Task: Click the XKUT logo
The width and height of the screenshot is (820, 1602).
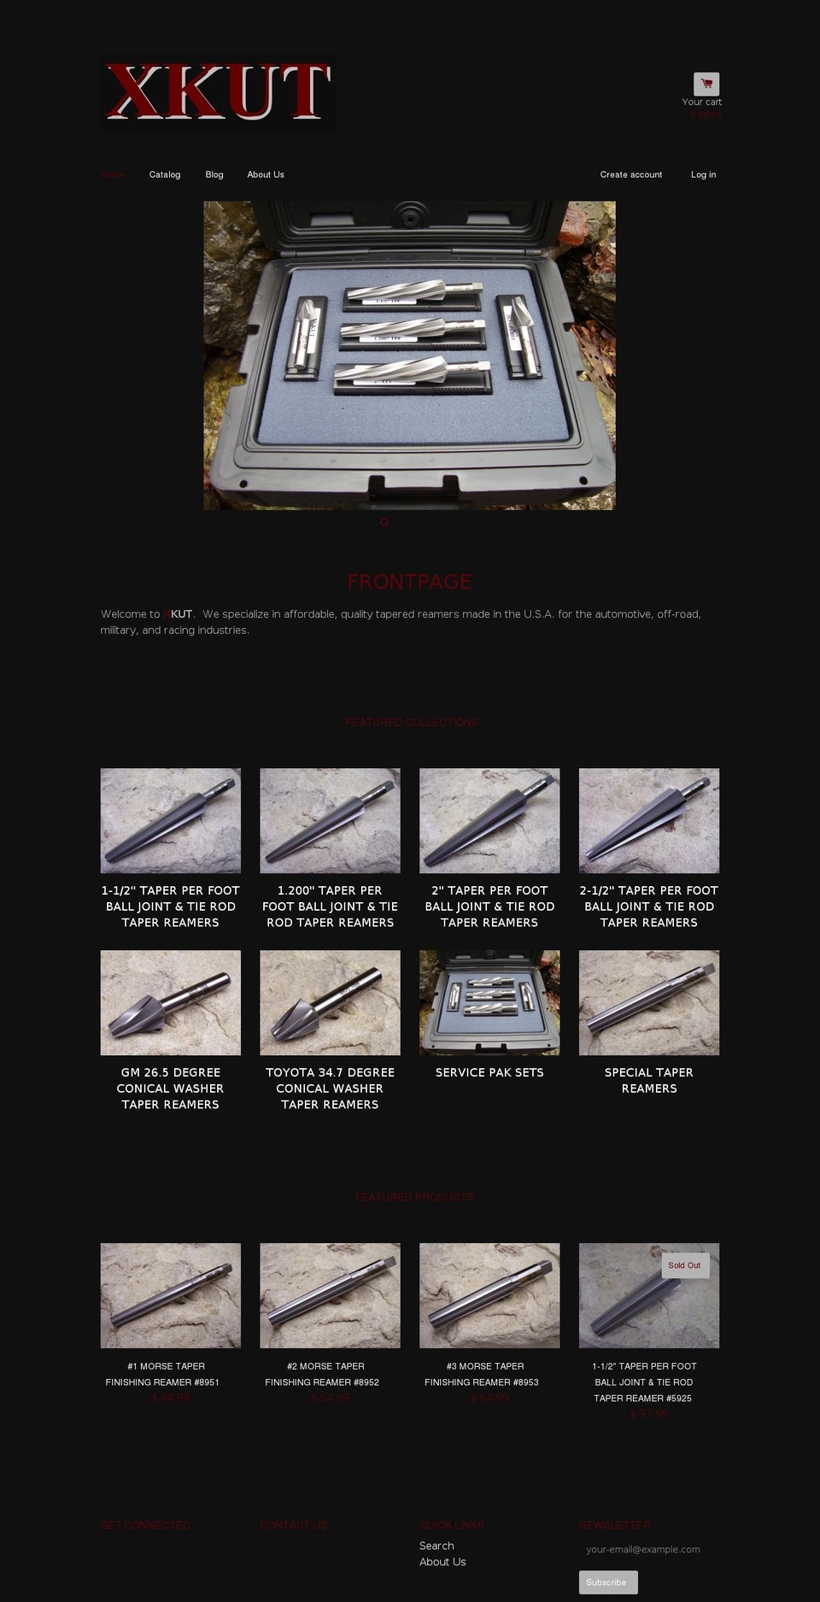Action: pyautogui.click(x=217, y=92)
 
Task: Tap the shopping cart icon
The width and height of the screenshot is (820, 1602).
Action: pyautogui.click(x=706, y=84)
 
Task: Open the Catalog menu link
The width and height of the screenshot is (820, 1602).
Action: pyautogui.click(x=165, y=174)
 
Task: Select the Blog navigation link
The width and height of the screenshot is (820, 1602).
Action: pyautogui.click(x=214, y=174)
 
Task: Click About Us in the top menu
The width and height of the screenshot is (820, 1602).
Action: pyautogui.click(x=266, y=174)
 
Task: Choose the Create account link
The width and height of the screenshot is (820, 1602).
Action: pyautogui.click(x=630, y=174)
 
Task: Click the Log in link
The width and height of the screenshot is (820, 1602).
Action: pyautogui.click(x=703, y=174)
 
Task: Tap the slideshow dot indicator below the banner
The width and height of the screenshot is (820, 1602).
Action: pyautogui.click(x=384, y=522)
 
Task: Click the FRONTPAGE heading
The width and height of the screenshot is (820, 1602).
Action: pyautogui.click(x=409, y=582)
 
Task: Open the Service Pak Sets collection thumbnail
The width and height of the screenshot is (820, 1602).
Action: pyautogui.click(x=489, y=1002)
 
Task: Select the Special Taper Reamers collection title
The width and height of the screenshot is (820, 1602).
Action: pyautogui.click(x=649, y=1080)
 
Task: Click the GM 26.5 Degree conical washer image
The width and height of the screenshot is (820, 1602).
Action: pyautogui.click(x=171, y=1002)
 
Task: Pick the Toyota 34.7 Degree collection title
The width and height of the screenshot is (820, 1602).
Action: pyautogui.click(x=330, y=1088)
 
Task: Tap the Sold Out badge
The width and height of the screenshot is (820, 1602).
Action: pyautogui.click(x=684, y=1265)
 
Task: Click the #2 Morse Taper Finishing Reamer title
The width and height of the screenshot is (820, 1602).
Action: pyautogui.click(x=330, y=1374)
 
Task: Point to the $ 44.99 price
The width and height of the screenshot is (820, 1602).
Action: pyautogui.click(x=171, y=1398)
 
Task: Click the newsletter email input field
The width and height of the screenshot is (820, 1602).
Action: pyautogui.click(x=647, y=1549)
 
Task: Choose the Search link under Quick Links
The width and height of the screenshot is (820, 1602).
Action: pyautogui.click(x=436, y=1546)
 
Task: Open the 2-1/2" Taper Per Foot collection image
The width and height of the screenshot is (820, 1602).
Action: pyautogui.click(x=649, y=820)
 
